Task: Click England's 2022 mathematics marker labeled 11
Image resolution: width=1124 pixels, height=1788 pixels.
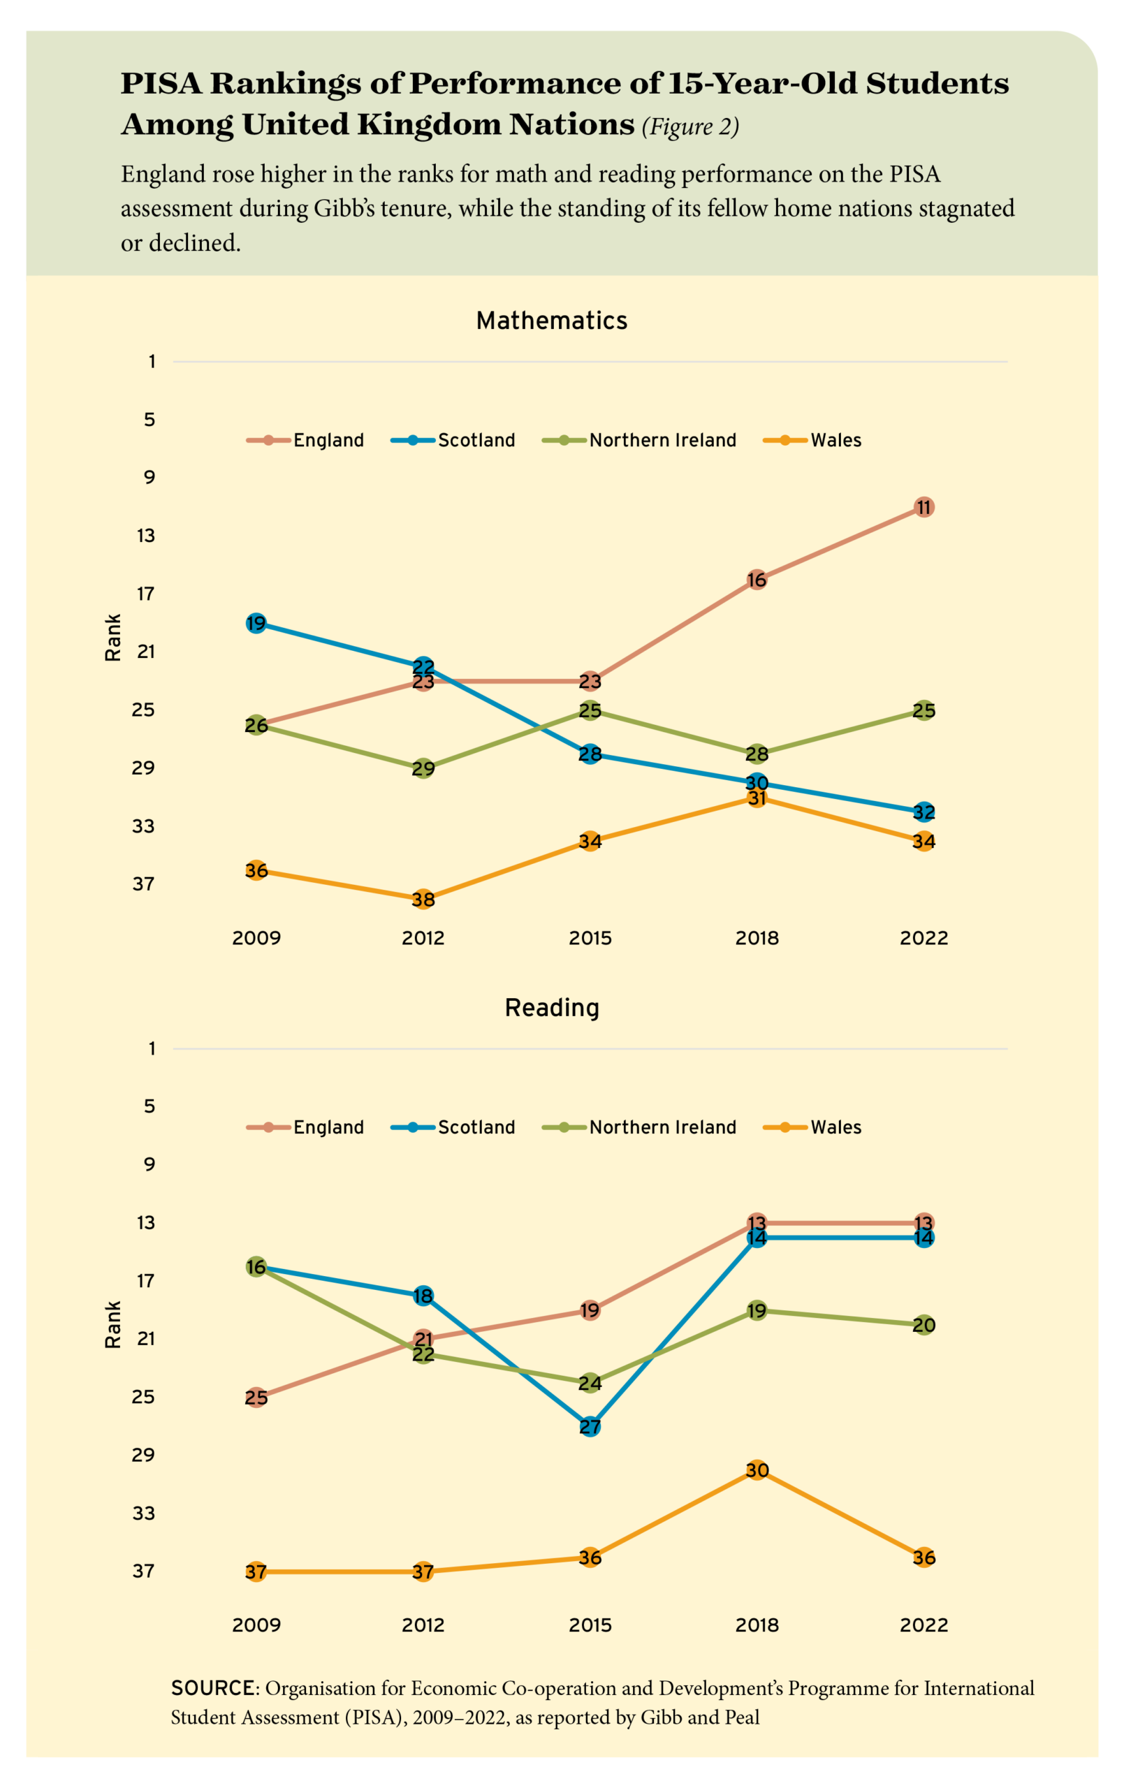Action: pyautogui.click(x=924, y=508)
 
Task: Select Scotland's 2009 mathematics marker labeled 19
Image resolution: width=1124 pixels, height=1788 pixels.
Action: pyautogui.click(x=256, y=623)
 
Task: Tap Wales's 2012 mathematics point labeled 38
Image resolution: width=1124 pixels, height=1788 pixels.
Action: pyautogui.click(x=423, y=899)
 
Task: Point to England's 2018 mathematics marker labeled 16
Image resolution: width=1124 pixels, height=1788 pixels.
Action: pyautogui.click(x=757, y=580)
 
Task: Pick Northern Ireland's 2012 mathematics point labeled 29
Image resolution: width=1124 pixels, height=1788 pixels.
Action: pyautogui.click(x=423, y=768)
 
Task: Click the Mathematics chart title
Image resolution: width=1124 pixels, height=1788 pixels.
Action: pyautogui.click(x=552, y=321)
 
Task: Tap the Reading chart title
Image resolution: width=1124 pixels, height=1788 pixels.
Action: pyautogui.click(x=552, y=1008)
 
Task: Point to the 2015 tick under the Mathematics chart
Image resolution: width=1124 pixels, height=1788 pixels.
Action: pyautogui.click(x=590, y=938)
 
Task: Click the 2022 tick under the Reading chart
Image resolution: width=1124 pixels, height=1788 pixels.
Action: pyautogui.click(x=924, y=1625)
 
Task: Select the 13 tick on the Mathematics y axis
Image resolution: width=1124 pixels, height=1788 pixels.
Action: pyautogui.click(x=146, y=536)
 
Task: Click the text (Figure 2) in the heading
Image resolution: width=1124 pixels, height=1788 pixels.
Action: pyautogui.click(x=690, y=127)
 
